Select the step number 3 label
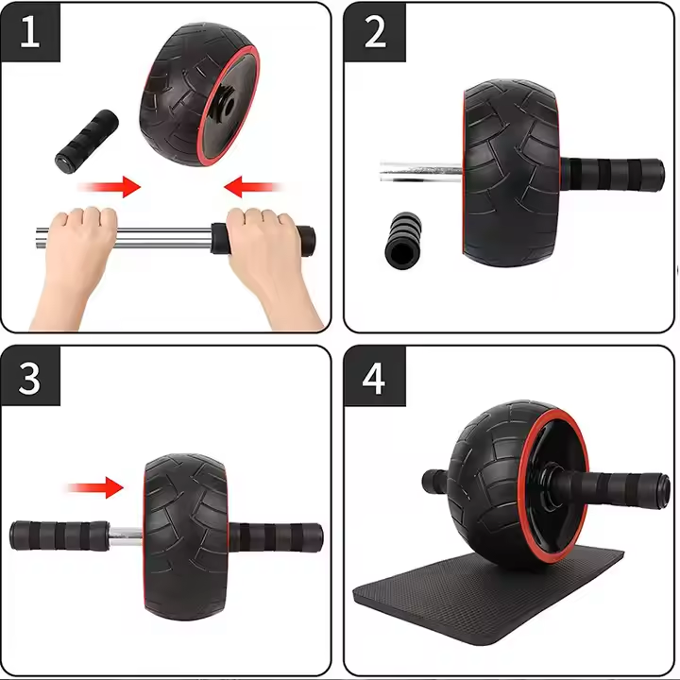30,378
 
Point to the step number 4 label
375,378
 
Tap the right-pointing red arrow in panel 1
109,188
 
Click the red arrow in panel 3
94,487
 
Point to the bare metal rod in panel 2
421,173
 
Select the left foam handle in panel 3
59,535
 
